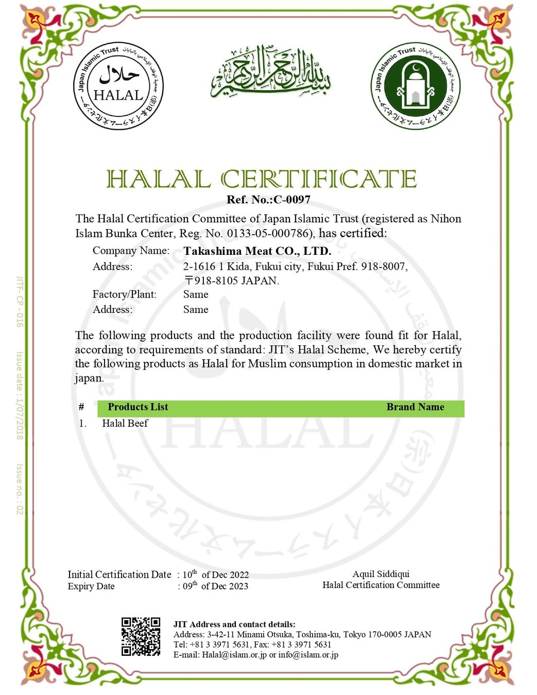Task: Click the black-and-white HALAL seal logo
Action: click(x=118, y=86)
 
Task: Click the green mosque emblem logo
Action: click(x=415, y=86)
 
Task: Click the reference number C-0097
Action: click(x=292, y=200)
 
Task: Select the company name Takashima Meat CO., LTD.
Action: click(x=257, y=251)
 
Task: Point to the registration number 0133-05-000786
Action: click(x=269, y=233)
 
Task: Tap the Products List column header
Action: click(x=138, y=407)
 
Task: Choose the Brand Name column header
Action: click(x=415, y=407)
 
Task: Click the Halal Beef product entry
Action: click(x=125, y=423)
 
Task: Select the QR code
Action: click(x=141, y=637)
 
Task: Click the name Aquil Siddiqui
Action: click(x=381, y=574)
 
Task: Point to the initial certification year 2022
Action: click(x=239, y=575)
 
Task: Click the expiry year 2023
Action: click(x=238, y=586)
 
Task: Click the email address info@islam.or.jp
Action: click(x=308, y=655)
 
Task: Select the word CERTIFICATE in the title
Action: click(x=318, y=179)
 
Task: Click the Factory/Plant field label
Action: click(x=125, y=294)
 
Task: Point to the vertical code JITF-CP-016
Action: click(x=20, y=302)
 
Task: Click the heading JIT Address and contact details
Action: click(x=234, y=624)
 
